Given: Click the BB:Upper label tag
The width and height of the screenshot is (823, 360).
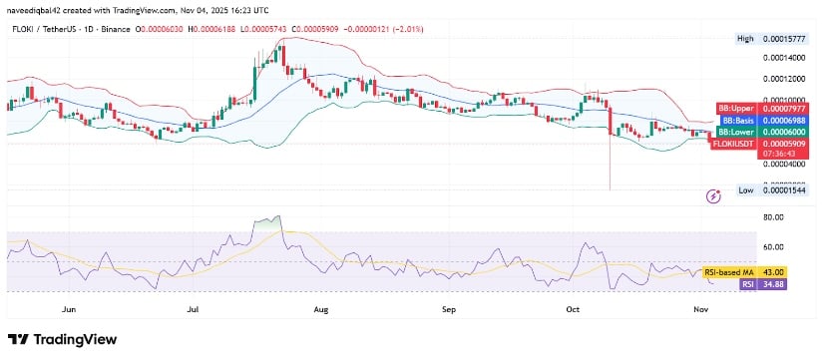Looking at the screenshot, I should click(735, 109).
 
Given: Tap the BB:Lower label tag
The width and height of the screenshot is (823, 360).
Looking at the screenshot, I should click(735, 132).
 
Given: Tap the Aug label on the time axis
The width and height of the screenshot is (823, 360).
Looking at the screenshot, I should click(321, 310).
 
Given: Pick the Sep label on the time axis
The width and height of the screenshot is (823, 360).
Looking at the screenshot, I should click(449, 310).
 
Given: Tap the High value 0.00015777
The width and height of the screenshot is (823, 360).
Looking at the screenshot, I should click(782, 38).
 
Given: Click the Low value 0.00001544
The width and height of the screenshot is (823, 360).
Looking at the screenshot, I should click(782, 188).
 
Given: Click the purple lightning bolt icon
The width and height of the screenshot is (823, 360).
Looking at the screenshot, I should click(713, 195).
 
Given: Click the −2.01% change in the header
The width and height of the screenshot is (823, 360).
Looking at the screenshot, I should click(404, 29).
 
